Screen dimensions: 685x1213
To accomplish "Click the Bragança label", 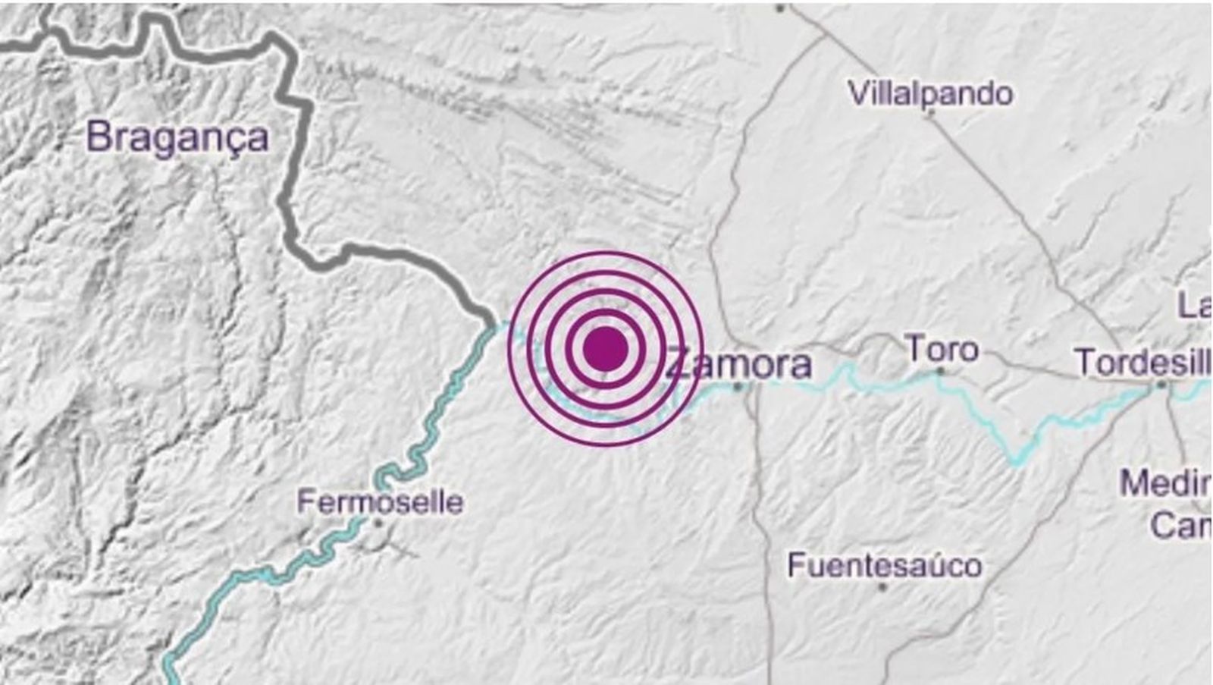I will coord(178,138).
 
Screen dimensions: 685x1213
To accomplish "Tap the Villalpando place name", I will coord(930,94).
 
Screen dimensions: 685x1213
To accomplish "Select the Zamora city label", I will coord(739,365).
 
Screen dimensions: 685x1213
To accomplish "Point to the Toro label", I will coord(942,350).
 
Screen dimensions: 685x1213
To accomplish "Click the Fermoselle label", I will coord(380,502).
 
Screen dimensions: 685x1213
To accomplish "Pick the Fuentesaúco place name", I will coord(885,565).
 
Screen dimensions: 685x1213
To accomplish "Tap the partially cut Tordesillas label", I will coord(1142,363).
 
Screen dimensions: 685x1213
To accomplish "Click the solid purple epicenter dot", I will coord(605,349).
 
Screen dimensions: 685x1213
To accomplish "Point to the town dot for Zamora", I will coord(739,387).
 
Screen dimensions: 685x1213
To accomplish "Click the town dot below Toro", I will coord(940,372).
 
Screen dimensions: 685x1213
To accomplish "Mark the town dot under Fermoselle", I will coord(378,523).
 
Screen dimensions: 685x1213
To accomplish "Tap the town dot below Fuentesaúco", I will coord(883,586).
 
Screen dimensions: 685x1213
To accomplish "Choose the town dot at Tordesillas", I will coord(1161,386).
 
